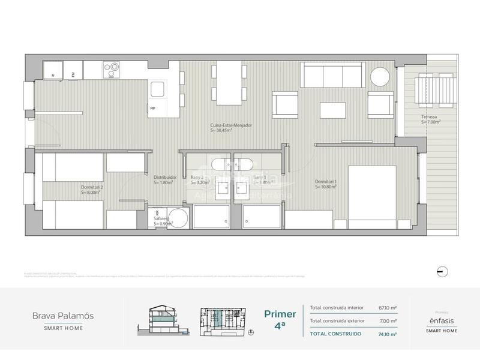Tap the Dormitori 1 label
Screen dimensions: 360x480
pyautogui.click(x=326, y=184)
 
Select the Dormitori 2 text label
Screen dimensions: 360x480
pyautogui.click(x=92, y=190)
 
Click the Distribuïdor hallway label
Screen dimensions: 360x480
pyautogui.click(x=164, y=180)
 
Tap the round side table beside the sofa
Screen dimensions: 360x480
pyautogui.click(x=380, y=77)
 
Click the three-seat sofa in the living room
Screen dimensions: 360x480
pyautogui.click(x=332, y=76)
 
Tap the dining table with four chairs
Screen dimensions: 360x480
pyautogui.click(x=228, y=82)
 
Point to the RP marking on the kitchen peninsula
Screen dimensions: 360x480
pyautogui.click(x=154, y=109)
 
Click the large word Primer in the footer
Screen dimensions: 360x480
pyautogui.click(x=280, y=314)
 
